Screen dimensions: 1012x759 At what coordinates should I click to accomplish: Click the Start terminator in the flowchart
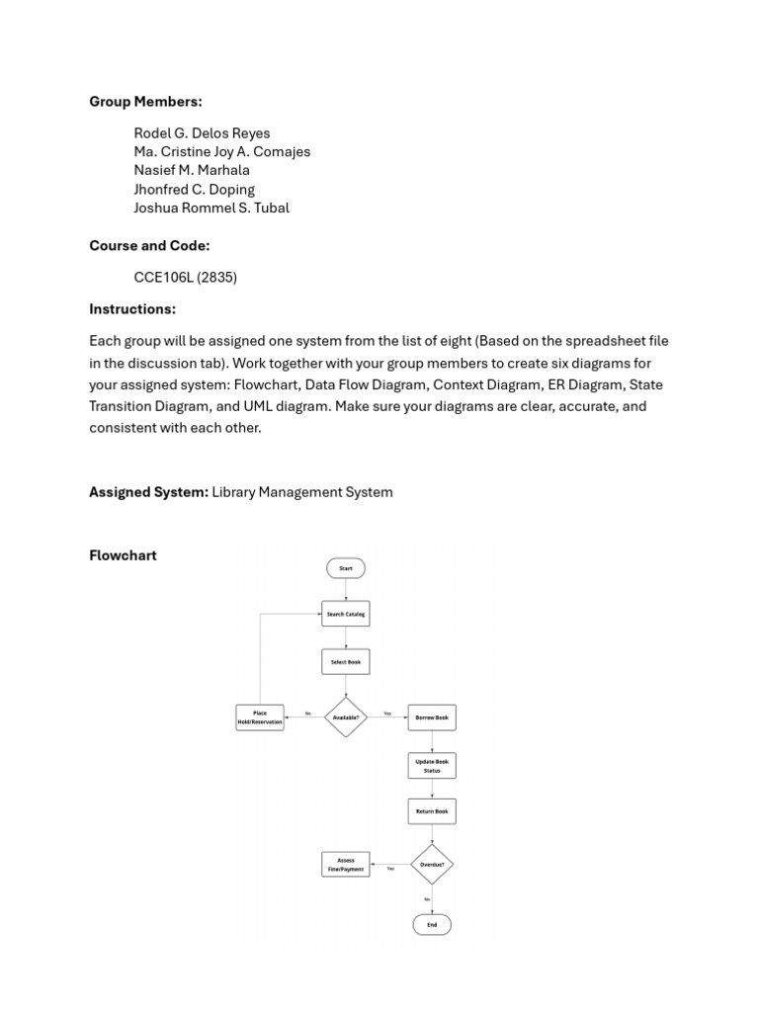point(346,568)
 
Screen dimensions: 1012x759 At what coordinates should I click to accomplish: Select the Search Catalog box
point(346,614)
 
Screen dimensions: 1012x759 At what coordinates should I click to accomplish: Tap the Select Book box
point(346,661)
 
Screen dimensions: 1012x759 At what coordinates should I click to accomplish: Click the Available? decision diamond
point(346,717)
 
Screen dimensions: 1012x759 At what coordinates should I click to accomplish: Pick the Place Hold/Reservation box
point(260,717)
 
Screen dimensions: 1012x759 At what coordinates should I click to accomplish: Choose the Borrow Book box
point(432,717)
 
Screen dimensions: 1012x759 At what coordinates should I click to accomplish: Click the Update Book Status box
point(432,766)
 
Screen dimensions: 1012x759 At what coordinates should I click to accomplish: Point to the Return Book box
point(432,811)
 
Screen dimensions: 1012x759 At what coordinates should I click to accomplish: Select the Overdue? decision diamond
point(432,864)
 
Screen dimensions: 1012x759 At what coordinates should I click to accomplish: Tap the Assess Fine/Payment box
point(346,864)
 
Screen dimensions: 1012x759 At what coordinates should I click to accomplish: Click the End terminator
point(432,924)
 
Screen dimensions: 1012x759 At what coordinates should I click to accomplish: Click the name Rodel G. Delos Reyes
point(202,133)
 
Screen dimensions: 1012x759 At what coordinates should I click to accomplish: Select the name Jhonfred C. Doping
point(195,189)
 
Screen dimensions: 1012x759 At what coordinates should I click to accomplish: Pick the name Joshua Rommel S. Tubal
point(211,208)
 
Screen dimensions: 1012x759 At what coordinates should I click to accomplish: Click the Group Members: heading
point(145,102)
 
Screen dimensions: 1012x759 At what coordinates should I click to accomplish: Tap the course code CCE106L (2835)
point(186,277)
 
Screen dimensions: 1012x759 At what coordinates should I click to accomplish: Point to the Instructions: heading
point(132,309)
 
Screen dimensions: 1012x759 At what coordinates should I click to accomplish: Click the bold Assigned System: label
point(148,492)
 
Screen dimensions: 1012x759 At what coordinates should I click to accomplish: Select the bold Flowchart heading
point(124,555)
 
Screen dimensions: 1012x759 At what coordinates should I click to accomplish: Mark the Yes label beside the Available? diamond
point(387,713)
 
